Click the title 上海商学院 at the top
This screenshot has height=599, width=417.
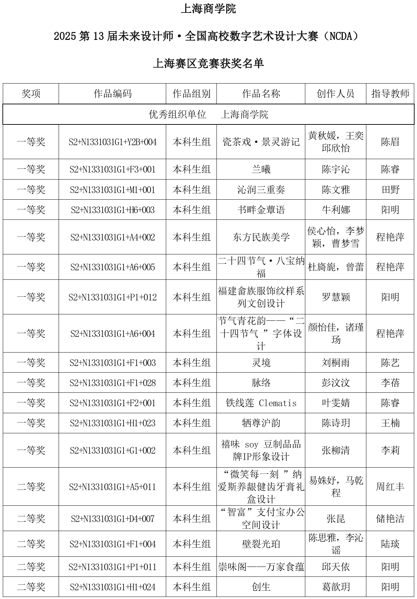coord(208,9)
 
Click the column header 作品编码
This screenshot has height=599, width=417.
coord(112,94)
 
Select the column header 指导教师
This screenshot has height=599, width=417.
coord(390,94)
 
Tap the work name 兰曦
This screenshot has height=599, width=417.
coord(261,170)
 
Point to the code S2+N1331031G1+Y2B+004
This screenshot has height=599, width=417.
coord(112,142)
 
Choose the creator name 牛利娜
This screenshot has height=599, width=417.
coord(335,210)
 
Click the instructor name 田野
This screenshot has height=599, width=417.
coord(390,190)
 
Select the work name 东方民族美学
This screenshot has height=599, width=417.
coord(261,237)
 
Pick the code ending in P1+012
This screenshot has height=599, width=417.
coord(112,297)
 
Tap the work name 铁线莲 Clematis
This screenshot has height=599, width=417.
coord(261,403)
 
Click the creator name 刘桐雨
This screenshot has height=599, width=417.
coord(335,363)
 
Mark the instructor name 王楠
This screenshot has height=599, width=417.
coord(390,423)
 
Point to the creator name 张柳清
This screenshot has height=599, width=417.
coord(335,450)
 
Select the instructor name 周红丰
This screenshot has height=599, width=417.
coord(390,487)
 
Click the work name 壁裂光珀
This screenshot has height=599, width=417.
coord(261,544)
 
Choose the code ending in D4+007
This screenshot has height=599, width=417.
coord(112,519)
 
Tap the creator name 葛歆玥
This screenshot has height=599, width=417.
coord(335,587)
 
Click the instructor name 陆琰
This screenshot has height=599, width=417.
coord(390,544)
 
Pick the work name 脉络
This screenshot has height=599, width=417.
coord(261,383)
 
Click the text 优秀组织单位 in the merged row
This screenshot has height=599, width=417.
coord(177,114)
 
